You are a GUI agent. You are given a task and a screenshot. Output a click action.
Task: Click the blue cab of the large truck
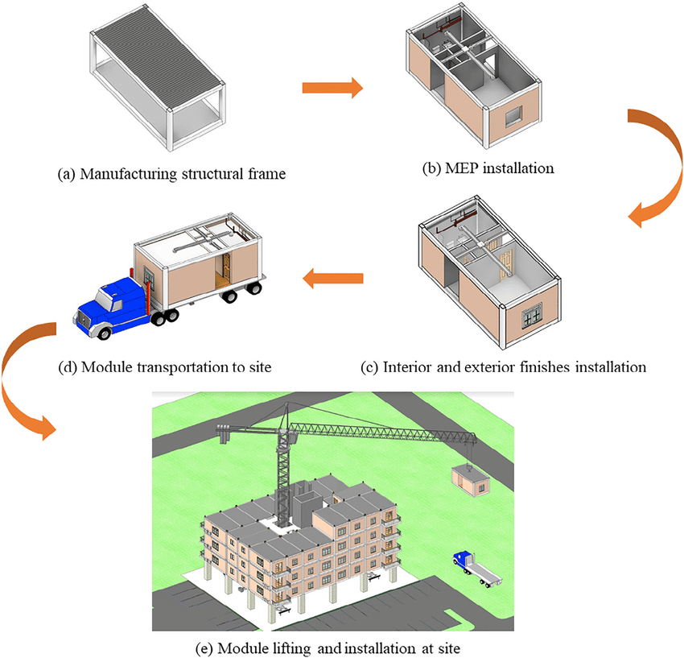coord(113,300)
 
